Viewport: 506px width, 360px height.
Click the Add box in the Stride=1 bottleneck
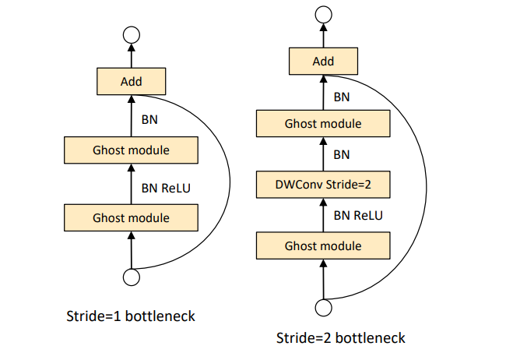[131, 81]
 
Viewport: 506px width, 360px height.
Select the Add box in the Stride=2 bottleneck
[322, 61]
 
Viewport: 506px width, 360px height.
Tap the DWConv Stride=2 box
[322, 185]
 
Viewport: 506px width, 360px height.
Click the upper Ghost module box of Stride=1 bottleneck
[131, 149]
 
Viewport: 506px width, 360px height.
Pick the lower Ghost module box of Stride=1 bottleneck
[131, 217]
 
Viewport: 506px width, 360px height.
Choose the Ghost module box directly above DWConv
[322, 123]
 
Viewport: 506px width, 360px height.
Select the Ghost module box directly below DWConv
[322, 246]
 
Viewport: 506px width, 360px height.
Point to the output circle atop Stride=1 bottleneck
[131, 35]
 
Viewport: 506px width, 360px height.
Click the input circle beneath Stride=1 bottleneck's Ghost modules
[131, 277]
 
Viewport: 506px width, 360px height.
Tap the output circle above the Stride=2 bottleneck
[322, 15]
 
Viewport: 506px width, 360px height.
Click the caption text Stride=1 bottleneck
[131, 316]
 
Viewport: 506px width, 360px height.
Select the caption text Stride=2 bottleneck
[341, 338]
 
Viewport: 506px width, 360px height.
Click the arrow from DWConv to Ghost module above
[322, 154]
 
